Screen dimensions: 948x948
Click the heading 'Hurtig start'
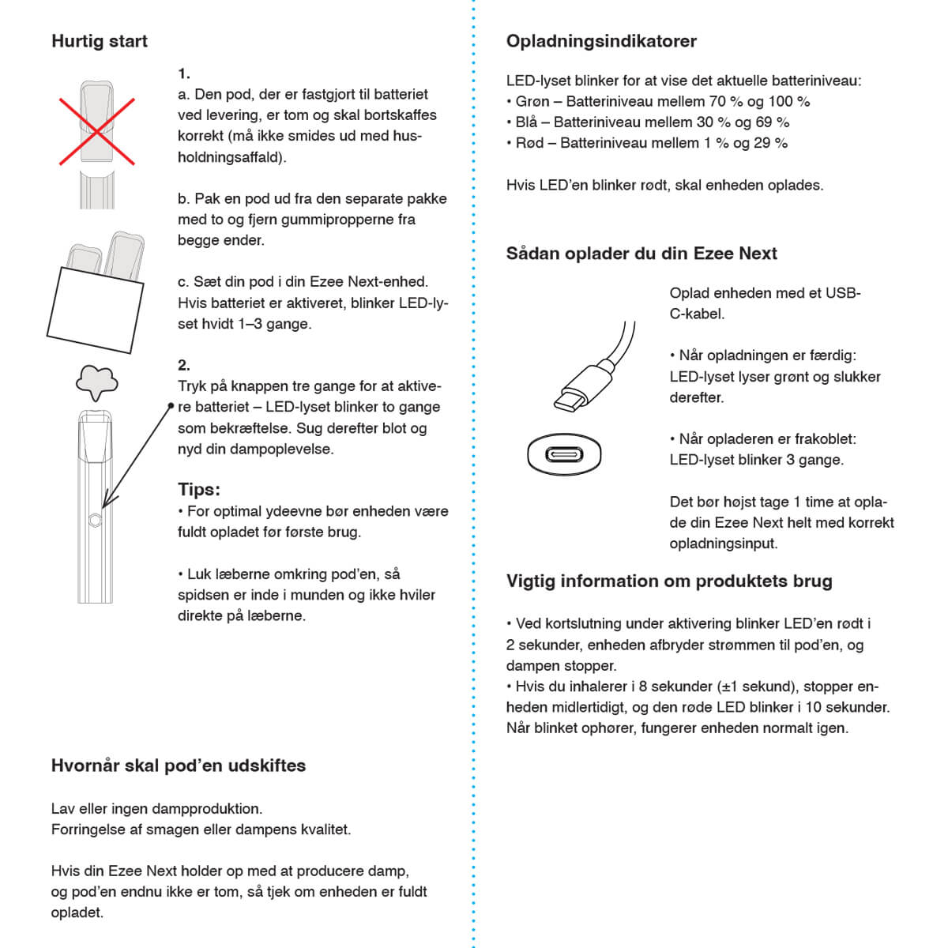click(x=99, y=41)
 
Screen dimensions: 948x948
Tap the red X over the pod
click(x=97, y=131)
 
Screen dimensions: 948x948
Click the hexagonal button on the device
click(x=95, y=520)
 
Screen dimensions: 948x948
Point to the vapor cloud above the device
click(x=96, y=383)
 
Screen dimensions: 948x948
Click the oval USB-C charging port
click(x=564, y=455)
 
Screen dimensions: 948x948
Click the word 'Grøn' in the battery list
click(x=532, y=101)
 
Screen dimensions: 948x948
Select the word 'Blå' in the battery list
click(x=526, y=122)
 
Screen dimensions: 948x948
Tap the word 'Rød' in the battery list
click(x=529, y=143)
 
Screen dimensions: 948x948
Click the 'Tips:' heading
click(x=198, y=489)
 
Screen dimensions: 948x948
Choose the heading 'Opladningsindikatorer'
click(x=601, y=41)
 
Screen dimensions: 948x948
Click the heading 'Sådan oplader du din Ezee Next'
click(x=641, y=254)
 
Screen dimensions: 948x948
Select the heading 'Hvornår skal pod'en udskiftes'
click(x=178, y=766)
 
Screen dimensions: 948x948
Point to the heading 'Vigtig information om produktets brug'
click(x=669, y=581)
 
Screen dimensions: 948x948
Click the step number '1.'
click(x=184, y=73)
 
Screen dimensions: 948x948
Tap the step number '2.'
click(x=184, y=365)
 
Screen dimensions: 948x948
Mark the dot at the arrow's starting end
click(x=171, y=406)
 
